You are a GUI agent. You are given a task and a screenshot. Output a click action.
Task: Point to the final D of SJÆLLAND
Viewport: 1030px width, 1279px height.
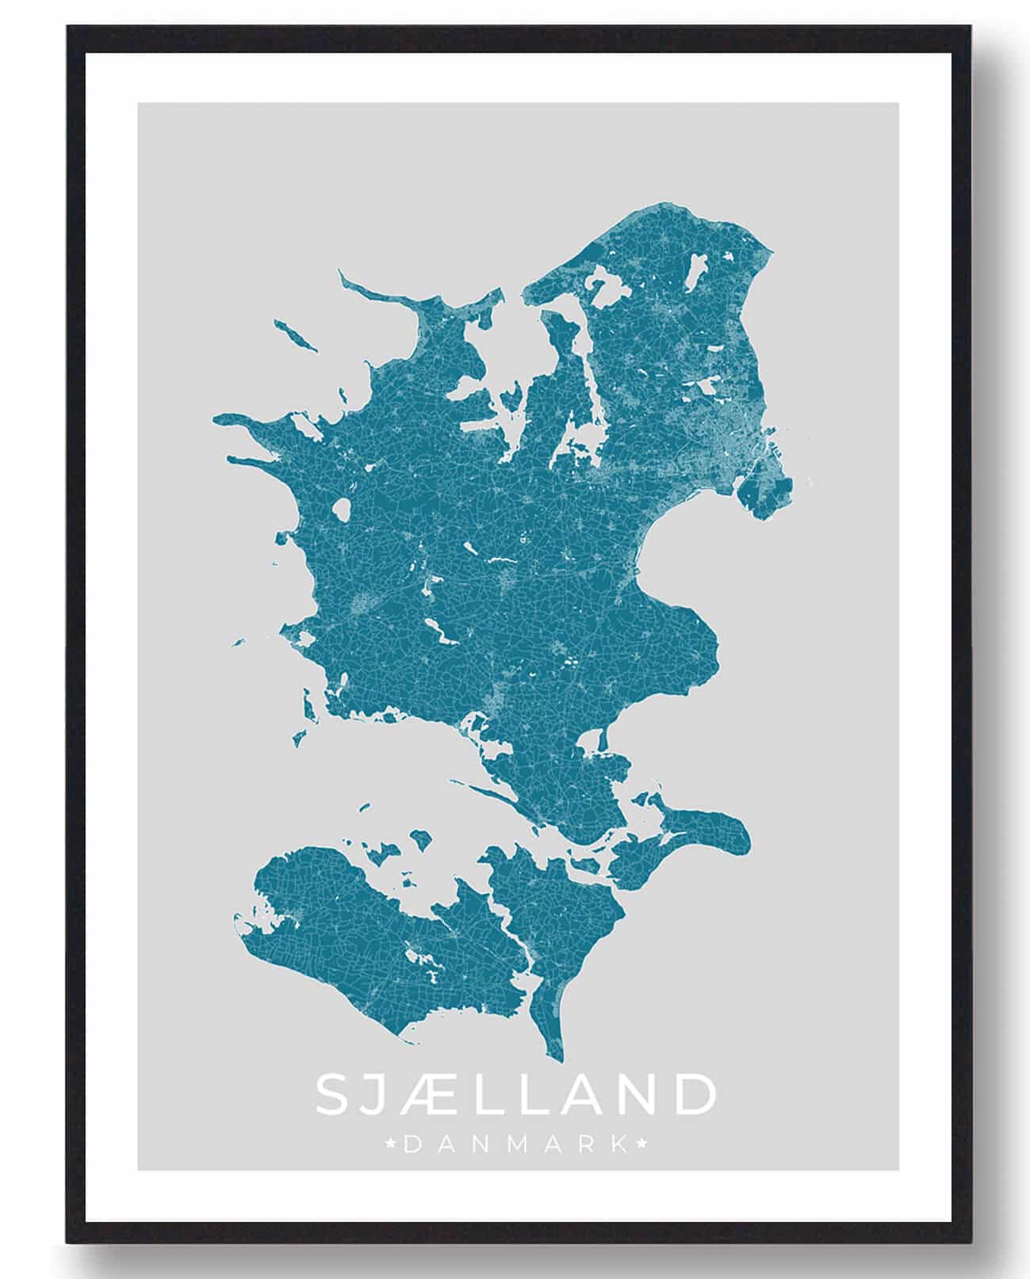[695, 1094]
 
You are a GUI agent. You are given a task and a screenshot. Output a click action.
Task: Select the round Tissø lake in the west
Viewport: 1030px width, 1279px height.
[343, 510]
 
